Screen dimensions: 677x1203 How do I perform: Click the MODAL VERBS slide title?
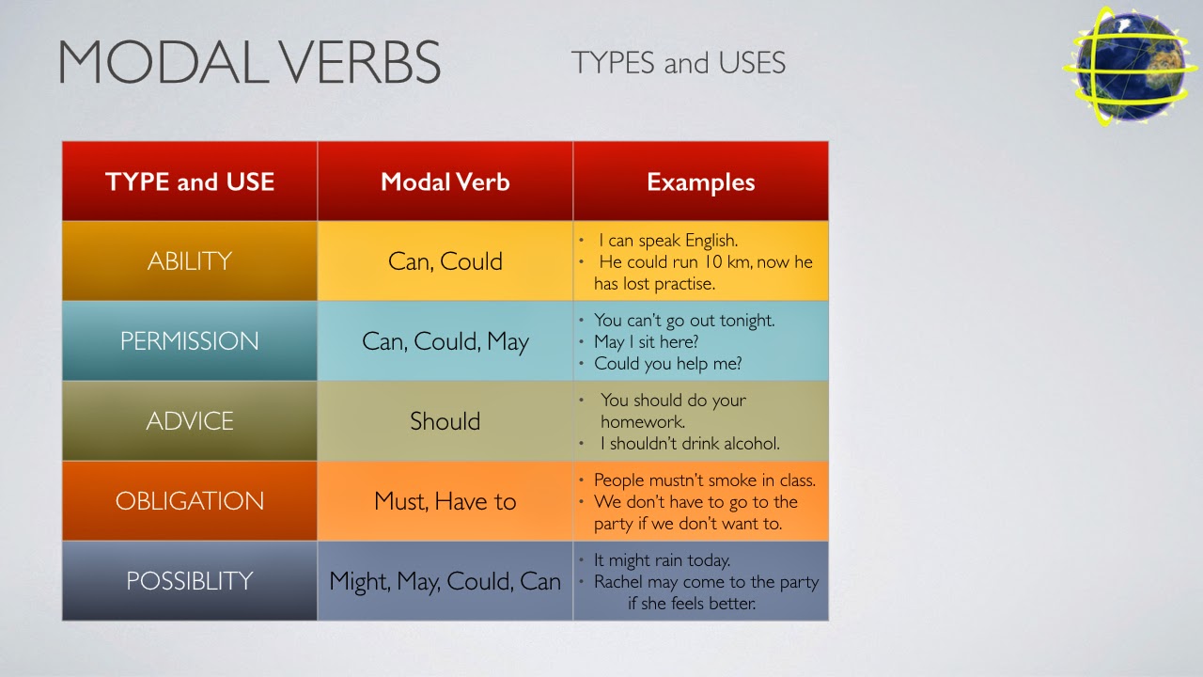[x=249, y=63]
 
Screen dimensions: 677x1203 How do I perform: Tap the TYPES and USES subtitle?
[x=678, y=63]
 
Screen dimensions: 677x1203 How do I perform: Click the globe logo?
[x=1130, y=66]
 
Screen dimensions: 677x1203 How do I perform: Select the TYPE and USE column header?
[x=190, y=181]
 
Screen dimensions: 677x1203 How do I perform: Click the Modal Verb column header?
[x=445, y=181]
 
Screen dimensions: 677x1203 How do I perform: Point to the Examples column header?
[x=700, y=182]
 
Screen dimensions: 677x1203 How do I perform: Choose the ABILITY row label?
[x=190, y=261]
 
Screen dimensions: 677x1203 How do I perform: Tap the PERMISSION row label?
[x=190, y=341]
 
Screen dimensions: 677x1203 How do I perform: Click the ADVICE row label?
[x=190, y=421]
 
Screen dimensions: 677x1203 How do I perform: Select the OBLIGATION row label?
[x=190, y=501]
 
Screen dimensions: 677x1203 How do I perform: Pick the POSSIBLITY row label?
[x=190, y=581]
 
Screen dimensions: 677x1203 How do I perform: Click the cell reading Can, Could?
[x=445, y=261]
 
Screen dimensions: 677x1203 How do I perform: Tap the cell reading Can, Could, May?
[x=445, y=341]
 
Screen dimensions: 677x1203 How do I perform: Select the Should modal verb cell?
[x=445, y=421]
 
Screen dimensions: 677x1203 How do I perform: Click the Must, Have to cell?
[x=445, y=501]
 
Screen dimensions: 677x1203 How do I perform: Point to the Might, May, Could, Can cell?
[x=445, y=581]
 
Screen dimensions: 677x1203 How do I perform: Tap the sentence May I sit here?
[x=646, y=342]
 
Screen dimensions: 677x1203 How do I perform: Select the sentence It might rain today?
[x=662, y=560]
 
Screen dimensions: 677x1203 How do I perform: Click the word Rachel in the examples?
[x=618, y=582]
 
